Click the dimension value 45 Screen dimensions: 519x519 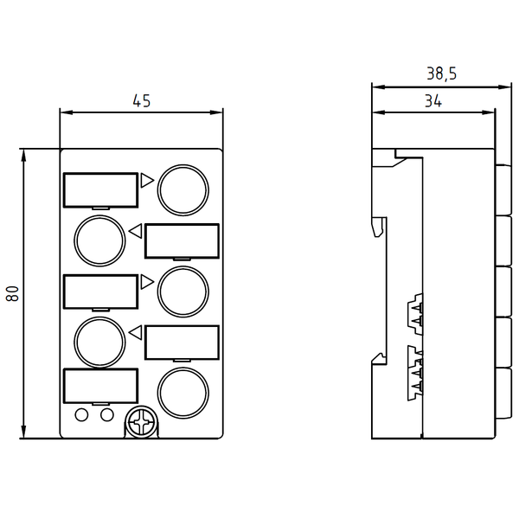[x=141, y=101]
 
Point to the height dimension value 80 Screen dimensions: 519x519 [x=12, y=293]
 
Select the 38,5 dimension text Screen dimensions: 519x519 [x=441, y=74]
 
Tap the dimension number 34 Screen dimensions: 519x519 [x=433, y=101]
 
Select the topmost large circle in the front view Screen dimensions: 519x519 [x=183, y=189]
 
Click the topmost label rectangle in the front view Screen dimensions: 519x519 [x=100, y=189]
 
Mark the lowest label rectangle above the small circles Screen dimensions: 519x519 [x=100, y=386]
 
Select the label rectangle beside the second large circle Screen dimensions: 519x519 [x=182, y=240]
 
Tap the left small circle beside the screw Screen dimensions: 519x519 [x=82, y=415]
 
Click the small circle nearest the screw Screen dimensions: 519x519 [x=107, y=415]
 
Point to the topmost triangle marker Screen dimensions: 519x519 [x=146, y=180]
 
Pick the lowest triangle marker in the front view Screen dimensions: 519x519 [x=135, y=331]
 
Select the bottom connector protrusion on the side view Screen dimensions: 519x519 [x=503, y=391]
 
